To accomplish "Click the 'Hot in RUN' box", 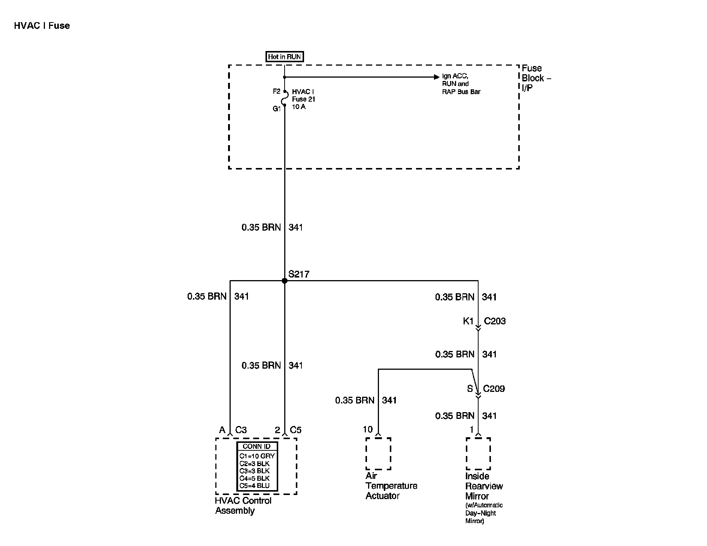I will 284,57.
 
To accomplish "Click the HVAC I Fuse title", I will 42,25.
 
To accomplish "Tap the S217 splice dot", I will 285,280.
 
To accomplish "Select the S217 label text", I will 299,274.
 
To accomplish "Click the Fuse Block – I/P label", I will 536,78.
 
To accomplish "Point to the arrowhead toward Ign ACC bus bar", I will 436,77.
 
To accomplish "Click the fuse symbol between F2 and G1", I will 285,99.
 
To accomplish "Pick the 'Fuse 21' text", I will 304,99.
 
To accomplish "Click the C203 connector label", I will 495,321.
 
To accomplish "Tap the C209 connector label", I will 494,388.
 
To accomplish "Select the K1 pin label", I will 468,321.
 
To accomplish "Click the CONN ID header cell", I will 257,446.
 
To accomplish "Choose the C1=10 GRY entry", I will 257,456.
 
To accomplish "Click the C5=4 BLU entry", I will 255,486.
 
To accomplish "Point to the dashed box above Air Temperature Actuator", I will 378,453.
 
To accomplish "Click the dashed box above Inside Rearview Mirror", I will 478,453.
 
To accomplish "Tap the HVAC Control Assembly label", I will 243,505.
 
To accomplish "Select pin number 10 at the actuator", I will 368,429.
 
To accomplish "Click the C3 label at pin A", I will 241,430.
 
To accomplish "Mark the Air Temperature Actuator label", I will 391,486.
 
